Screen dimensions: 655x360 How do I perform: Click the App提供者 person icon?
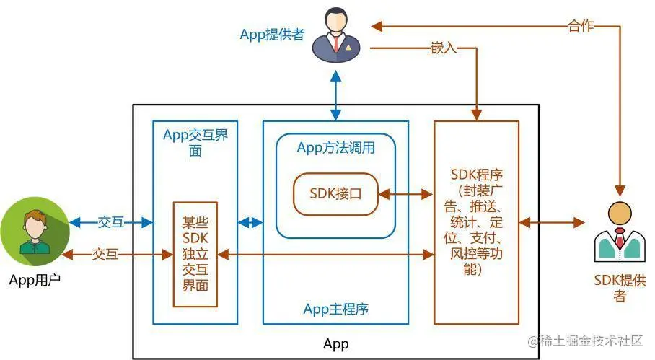[336, 35]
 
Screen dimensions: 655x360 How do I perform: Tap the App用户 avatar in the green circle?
[35, 232]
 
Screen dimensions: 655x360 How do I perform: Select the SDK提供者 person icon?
[620, 232]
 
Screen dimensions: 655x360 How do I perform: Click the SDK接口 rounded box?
[336, 194]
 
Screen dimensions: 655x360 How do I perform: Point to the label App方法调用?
[336, 148]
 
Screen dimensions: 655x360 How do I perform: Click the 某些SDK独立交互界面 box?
[195, 255]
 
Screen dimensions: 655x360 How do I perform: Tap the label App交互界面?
[195, 142]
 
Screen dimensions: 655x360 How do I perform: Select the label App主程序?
[336, 309]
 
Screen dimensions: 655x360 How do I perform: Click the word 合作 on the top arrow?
[581, 26]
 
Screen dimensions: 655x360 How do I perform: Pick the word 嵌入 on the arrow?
[444, 48]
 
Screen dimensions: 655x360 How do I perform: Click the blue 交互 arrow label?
[111, 222]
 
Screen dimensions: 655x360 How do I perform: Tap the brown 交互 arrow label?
[105, 254]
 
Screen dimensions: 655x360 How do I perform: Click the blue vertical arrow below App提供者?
[336, 96]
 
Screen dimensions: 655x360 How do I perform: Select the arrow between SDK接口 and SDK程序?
[406, 194]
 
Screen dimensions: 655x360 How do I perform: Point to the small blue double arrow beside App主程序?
[250, 223]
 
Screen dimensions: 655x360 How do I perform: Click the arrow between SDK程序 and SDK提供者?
[552, 223]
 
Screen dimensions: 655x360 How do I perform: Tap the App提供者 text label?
[273, 34]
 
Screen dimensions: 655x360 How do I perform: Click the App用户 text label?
[35, 280]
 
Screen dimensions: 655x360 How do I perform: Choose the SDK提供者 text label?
[620, 288]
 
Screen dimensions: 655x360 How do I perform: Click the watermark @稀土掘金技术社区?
[585, 341]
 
